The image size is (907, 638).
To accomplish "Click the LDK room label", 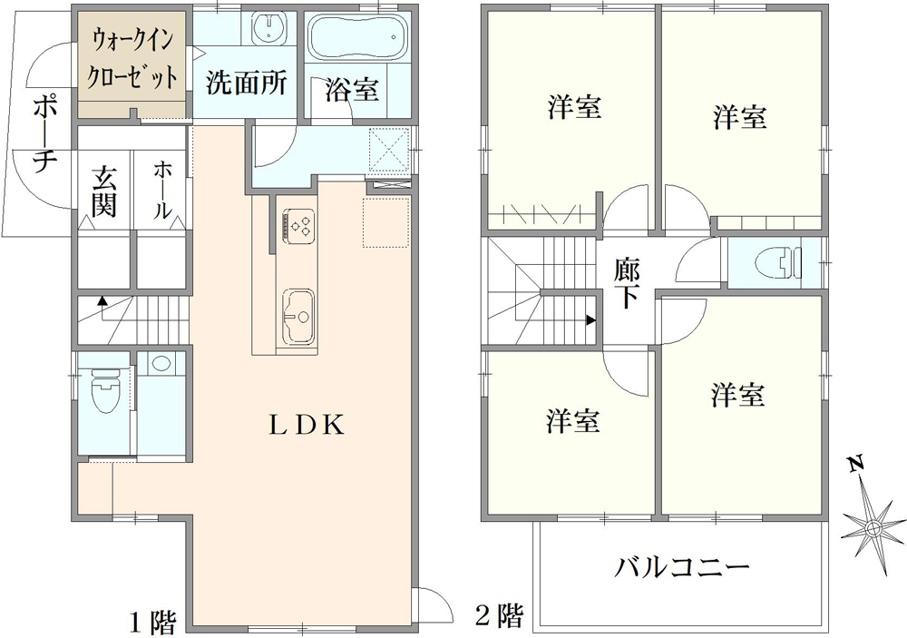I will pyautogui.click(x=306, y=426).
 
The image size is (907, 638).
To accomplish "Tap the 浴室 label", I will pyautogui.click(x=352, y=90).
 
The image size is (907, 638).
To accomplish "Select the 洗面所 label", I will pyautogui.click(x=246, y=83).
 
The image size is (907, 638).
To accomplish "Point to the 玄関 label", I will pyautogui.click(x=103, y=191).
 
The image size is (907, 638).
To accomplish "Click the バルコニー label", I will pyautogui.click(x=683, y=569).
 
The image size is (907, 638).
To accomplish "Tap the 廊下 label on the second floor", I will pyautogui.click(x=627, y=283).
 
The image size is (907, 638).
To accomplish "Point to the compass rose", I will pyautogui.click(x=873, y=526).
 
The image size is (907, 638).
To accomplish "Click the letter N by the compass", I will pyautogui.click(x=854, y=466).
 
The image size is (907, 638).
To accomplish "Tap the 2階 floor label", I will pyautogui.click(x=500, y=617).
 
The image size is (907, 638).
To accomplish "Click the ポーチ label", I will pyautogui.click(x=43, y=134).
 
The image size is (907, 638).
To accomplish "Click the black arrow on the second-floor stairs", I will pyautogui.click(x=591, y=319).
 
